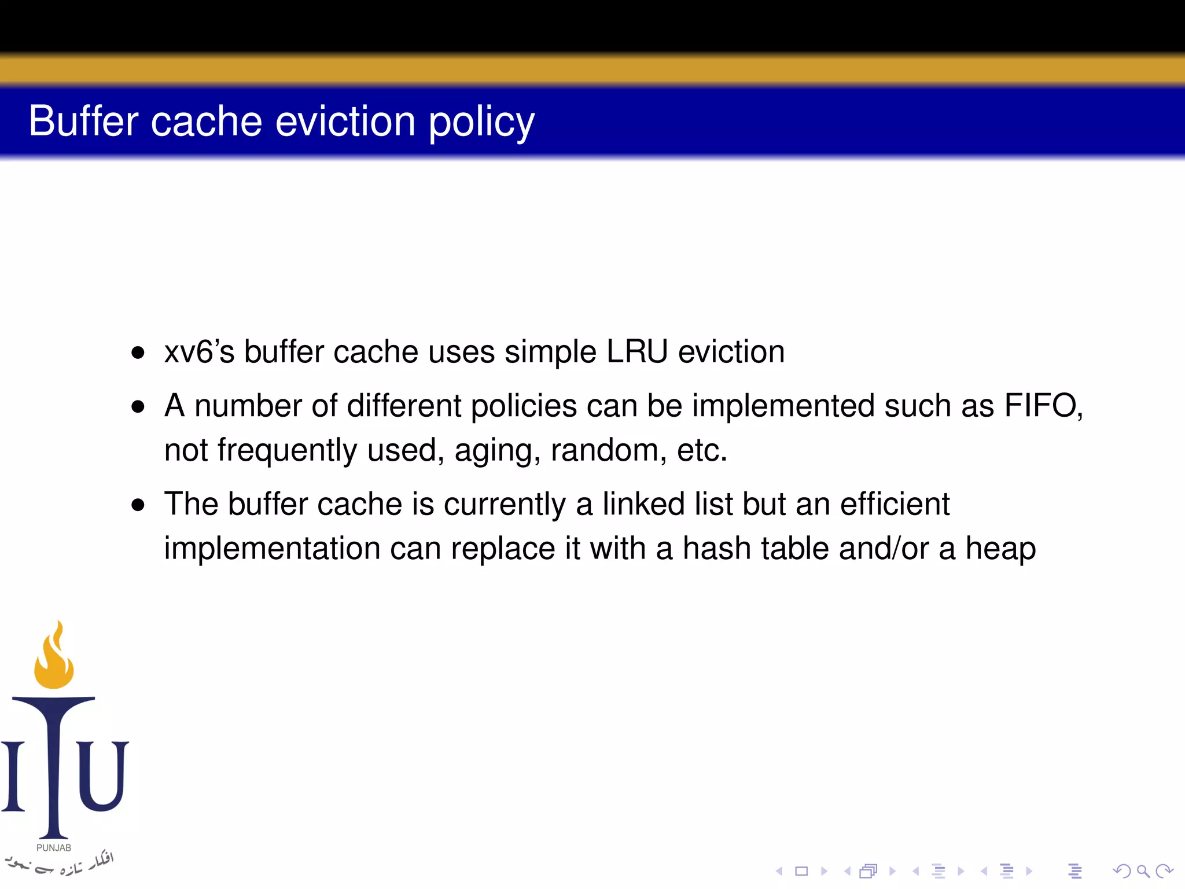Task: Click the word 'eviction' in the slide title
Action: pyautogui.click(x=345, y=122)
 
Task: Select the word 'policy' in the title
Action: pyautogui.click(x=481, y=123)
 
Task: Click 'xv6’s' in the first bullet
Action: pyautogui.click(x=199, y=352)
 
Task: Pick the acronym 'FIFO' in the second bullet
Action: pyautogui.click(x=1040, y=405)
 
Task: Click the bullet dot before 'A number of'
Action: pyautogui.click(x=138, y=407)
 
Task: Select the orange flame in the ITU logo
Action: pyautogui.click(x=54, y=657)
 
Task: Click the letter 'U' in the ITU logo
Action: pyautogui.click(x=103, y=776)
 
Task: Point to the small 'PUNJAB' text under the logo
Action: pyautogui.click(x=54, y=847)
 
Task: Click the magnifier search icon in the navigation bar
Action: pyautogui.click(x=1142, y=870)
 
